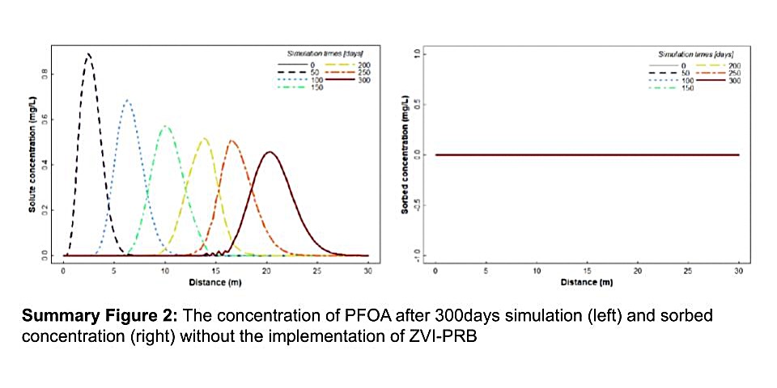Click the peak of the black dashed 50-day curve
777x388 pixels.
point(88,54)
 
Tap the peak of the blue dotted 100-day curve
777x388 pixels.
point(126,100)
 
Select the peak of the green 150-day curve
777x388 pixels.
point(165,126)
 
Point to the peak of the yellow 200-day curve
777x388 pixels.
point(204,138)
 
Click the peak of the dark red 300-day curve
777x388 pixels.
point(270,152)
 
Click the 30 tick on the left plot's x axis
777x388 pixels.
point(368,271)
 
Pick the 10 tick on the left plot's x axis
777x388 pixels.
point(165,271)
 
